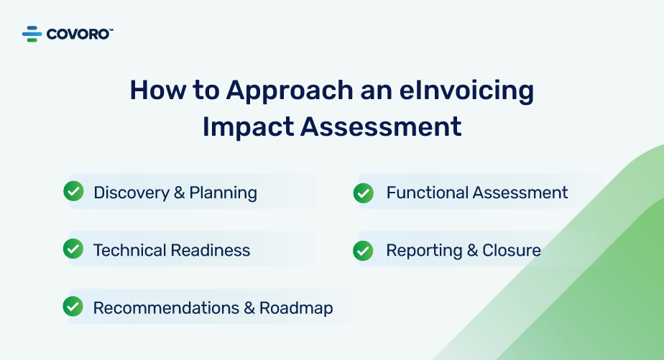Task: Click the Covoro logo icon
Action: (x=32, y=34)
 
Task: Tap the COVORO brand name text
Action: (x=80, y=34)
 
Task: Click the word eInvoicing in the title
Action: (x=466, y=91)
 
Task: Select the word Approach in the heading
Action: (x=290, y=91)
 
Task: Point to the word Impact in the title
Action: (x=248, y=127)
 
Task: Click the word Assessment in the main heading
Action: (x=381, y=126)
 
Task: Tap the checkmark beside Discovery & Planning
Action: (x=74, y=191)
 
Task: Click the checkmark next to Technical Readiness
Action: (x=73, y=249)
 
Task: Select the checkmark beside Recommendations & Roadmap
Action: (x=73, y=306)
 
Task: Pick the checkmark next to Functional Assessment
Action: (x=364, y=193)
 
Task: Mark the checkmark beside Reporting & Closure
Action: (x=363, y=251)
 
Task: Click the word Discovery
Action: (x=132, y=193)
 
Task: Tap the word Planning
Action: (x=223, y=193)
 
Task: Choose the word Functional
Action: (x=428, y=193)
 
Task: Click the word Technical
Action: (x=130, y=250)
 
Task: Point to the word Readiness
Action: (x=211, y=250)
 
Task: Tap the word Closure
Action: (x=512, y=250)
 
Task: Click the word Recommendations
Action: (x=166, y=308)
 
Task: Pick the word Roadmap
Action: (x=296, y=309)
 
